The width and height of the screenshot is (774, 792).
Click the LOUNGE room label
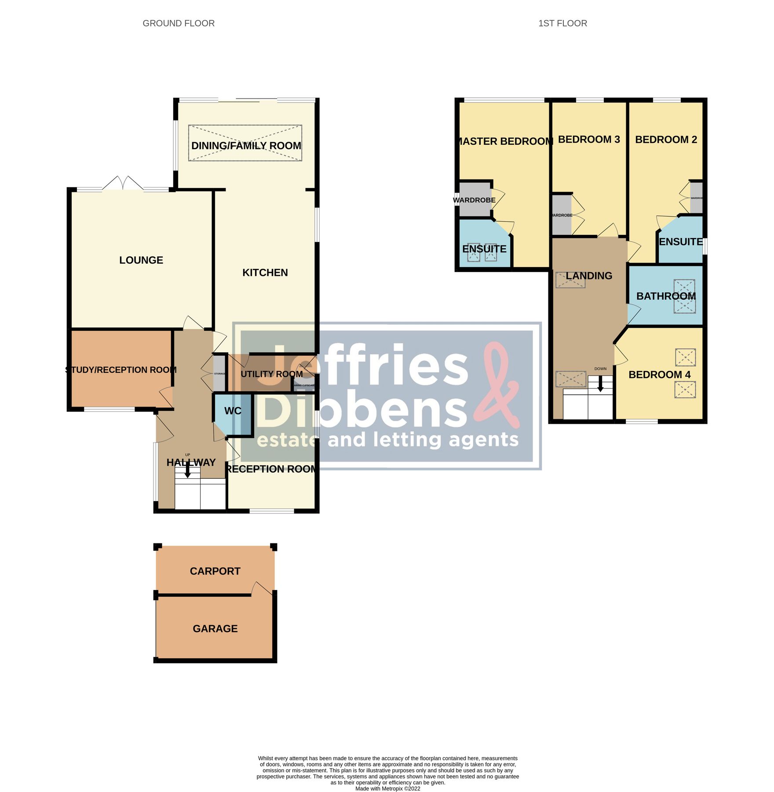coord(141,260)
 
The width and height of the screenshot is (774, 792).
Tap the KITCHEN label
coord(265,272)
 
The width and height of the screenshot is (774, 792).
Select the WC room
coord(233,411)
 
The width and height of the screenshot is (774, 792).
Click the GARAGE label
coord(215,629)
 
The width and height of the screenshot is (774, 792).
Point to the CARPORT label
coord(215,571)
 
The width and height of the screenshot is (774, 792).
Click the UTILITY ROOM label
coord(271,374)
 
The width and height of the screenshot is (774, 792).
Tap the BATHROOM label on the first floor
coord(666,296)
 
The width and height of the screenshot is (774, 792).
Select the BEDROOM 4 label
coord(659,374)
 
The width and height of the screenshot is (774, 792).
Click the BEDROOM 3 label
coord(589,139)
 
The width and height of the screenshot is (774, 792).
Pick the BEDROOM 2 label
coord(666,139)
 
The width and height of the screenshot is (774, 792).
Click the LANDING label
coord(589,276)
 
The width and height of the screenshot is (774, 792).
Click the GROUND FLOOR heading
coord(179,23)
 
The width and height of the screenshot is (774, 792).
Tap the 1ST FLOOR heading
coord(562,23)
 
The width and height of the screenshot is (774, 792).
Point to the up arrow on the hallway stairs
coord(188,472)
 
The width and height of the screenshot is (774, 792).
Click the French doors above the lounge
coord(123,183)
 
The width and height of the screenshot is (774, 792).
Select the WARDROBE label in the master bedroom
coord(474,200)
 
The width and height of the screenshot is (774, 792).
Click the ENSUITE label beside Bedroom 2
coord(680,242)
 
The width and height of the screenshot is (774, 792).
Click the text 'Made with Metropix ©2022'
coord(387,788)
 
